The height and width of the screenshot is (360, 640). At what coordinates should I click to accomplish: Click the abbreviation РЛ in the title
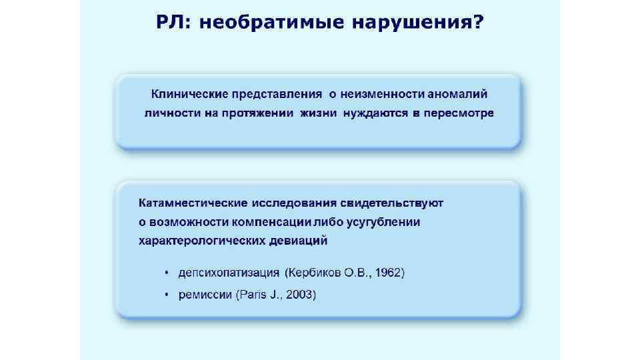pyautogui.click(x=168, y=23)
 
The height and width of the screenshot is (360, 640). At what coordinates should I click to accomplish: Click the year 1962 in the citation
pyautogui.click(x=388, y=273)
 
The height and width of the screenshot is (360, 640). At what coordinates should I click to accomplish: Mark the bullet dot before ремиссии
pyautogui.click(x=167, y=295)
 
